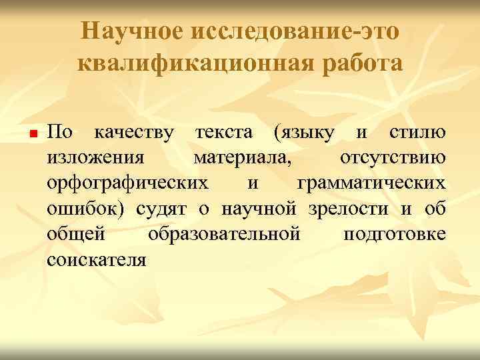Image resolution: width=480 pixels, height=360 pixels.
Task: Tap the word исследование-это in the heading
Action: [x=294, y=31]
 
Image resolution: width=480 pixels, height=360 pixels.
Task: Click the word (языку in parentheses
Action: [x=303, y=133]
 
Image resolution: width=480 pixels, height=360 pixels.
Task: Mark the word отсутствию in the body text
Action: [x=393, y=158]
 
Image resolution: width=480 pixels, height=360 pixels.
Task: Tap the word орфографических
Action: [x=127, y=183]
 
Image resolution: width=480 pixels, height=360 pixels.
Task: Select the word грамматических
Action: [x=371, y=183]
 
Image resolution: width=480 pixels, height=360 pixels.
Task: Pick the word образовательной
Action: [x=224, y=234]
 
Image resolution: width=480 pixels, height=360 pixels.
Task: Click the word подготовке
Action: [x=394, y=234]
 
